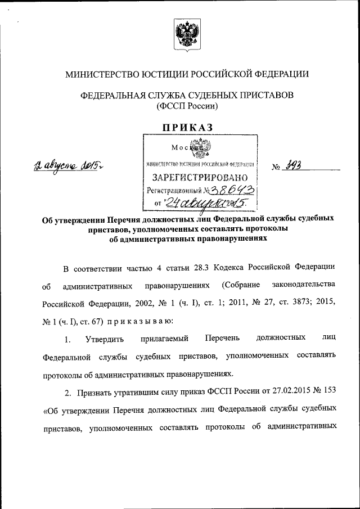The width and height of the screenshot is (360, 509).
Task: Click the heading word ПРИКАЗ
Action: click(188, 128)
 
